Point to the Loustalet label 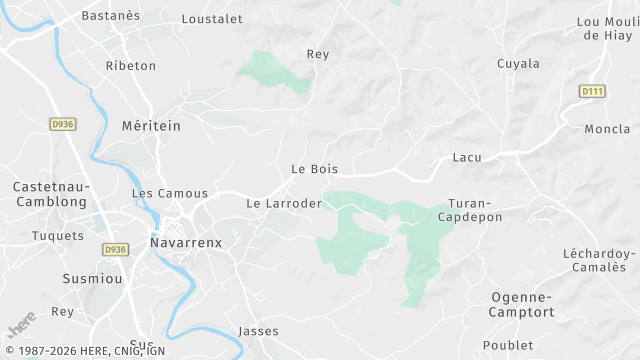pos(212,18)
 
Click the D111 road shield pos(593,91)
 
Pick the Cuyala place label pos(518,64)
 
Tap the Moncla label pos(607,129)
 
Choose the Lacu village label pos(467,158)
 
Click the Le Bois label pos(314,170)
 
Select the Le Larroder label pos(283,204)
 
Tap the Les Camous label pos(170,193)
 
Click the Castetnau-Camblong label pos(51,194)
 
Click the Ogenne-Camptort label pos(521,304)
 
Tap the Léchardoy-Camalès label pos(599,260)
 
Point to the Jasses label pos(259,331)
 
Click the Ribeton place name pos(131,66)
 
